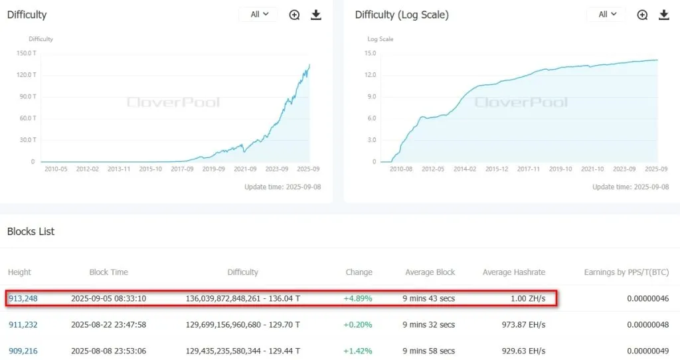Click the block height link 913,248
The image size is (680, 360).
point(23,298)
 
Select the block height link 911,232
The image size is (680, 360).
point(23,324)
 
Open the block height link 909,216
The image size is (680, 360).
point(23,350)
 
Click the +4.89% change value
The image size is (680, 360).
point(358,298)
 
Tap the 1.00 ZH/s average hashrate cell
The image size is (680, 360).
point(528,298)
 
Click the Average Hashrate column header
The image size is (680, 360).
point(513,272)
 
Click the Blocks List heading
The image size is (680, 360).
point(31,232)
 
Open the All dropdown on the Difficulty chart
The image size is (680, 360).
point(258,15)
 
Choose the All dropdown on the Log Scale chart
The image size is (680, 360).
point(606,15)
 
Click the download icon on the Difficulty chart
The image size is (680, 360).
point(316,15)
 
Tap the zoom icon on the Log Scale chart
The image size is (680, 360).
point(642,15)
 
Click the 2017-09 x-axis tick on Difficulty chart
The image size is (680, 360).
point(183,169)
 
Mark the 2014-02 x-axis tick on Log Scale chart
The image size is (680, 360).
point(464,169)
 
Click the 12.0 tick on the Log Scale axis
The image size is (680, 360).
point(371,75)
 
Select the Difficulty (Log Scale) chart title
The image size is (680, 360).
point(402,15)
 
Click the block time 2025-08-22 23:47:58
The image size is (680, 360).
point(108,324)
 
